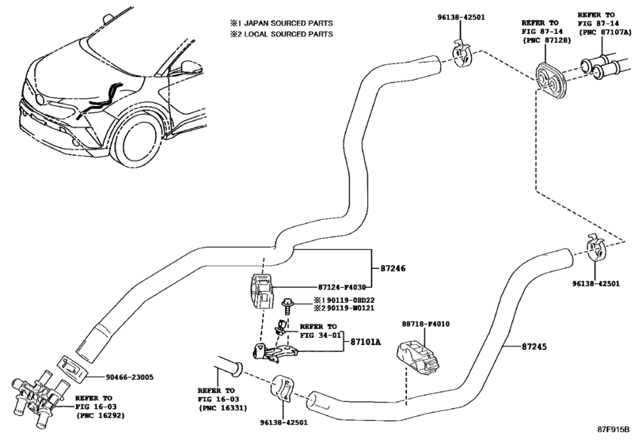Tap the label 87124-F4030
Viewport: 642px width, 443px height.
tap(319, 288)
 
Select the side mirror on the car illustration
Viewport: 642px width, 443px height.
tap(189, 68)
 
